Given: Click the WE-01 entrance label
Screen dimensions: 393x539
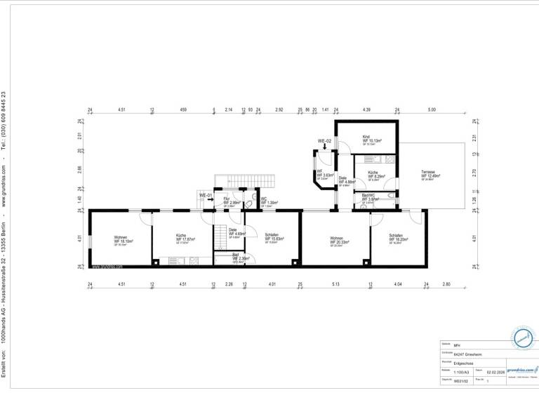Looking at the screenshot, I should [x=206, y=194].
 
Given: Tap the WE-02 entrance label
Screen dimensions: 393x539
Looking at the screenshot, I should [x=324, y=141].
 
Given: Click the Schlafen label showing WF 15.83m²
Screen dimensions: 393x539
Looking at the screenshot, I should [x=274, y=239].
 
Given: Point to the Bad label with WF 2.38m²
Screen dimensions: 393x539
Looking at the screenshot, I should [x=240, y=258].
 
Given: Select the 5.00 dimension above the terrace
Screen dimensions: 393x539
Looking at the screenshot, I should [x=432, y=110].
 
